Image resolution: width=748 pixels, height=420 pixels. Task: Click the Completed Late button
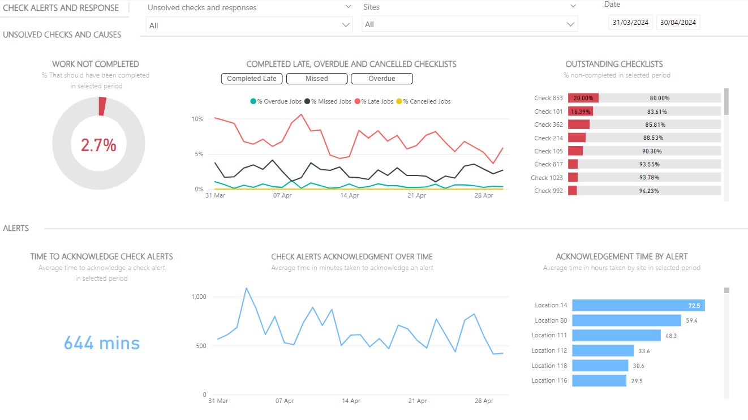coord(252,79)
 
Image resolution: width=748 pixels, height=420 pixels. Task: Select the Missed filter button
coord(317,79)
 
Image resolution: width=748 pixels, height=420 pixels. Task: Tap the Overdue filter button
coord(382,79)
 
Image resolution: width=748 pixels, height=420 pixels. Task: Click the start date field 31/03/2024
coord(631,23)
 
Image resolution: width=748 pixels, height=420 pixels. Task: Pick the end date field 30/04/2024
coord(678,23)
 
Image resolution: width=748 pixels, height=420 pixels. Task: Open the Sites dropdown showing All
coord(470,24)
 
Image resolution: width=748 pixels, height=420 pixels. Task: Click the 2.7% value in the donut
coord(98,145)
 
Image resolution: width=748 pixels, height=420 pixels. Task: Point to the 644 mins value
coord(102,343)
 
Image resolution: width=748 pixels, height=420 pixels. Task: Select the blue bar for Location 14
coord(638,306)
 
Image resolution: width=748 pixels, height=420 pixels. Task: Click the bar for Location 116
coord(599,381)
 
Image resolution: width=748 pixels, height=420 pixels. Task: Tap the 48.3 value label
coord(671,336)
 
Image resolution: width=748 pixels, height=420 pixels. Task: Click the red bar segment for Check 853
coord(583,98)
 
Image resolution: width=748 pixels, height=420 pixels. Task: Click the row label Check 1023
coord(547,178)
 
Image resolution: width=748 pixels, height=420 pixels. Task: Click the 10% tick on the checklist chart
coord(197,119)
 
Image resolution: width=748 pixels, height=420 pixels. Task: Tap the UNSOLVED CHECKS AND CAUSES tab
coord(62,35)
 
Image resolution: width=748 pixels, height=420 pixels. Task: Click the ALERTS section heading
coord(16,228)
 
